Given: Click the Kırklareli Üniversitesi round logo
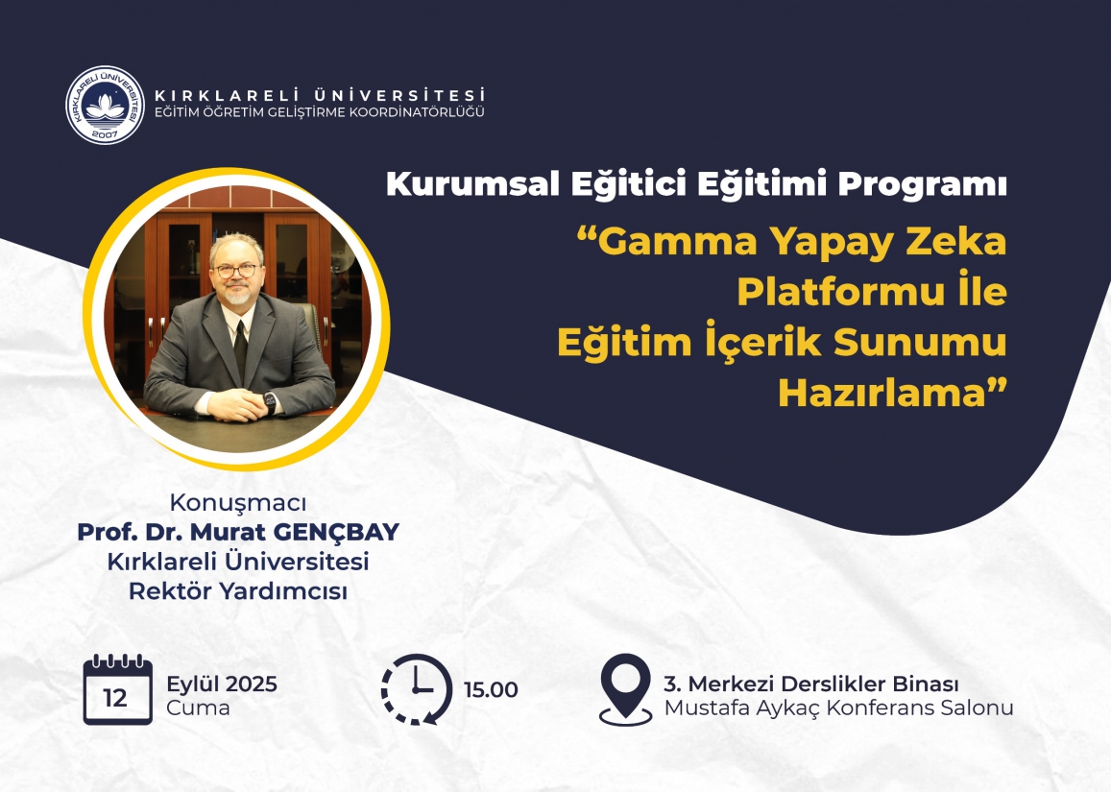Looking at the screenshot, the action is point(105,105).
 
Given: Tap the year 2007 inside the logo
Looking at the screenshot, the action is point(105,133).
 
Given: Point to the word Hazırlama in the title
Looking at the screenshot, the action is point(882,393).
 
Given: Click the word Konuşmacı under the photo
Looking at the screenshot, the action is point(238,503).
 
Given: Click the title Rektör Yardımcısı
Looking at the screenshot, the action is point(238,590).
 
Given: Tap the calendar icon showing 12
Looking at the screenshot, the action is point(117,689).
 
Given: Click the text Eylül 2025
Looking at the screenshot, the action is point(222,684).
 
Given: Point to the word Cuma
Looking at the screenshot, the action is point(199,708).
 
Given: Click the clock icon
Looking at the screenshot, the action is point(417,689).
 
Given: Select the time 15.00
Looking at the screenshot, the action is point(491,690).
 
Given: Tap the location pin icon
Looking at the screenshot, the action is point(625,689).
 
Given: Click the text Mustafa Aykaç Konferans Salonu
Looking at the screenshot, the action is point(839,708).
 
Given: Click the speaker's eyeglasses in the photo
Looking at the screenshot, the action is point(236,271).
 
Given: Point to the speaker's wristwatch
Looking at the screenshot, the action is point(270,402).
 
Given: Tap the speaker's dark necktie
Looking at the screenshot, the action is point(240,348).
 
